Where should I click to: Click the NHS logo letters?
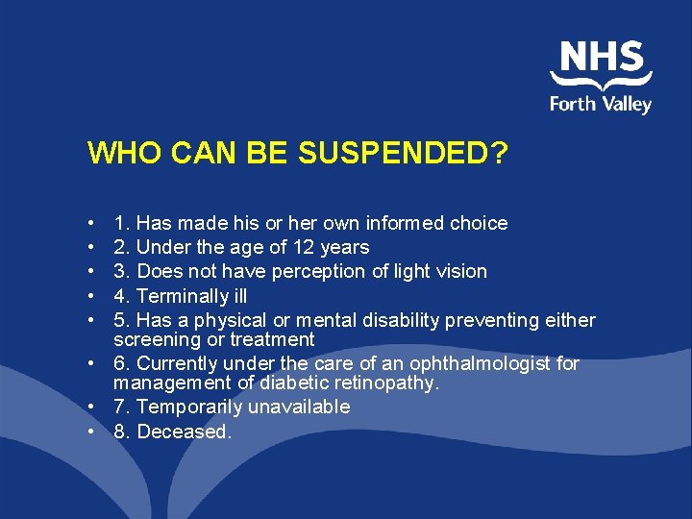(601, 57)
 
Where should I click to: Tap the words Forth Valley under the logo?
(601, 103)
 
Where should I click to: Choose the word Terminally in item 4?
(180, 296)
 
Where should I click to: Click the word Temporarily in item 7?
(189, 407)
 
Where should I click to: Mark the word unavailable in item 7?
(299, 407)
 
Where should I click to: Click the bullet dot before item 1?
(88, 224)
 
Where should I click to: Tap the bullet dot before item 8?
(88, 432)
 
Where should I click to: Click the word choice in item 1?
(479, 223)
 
